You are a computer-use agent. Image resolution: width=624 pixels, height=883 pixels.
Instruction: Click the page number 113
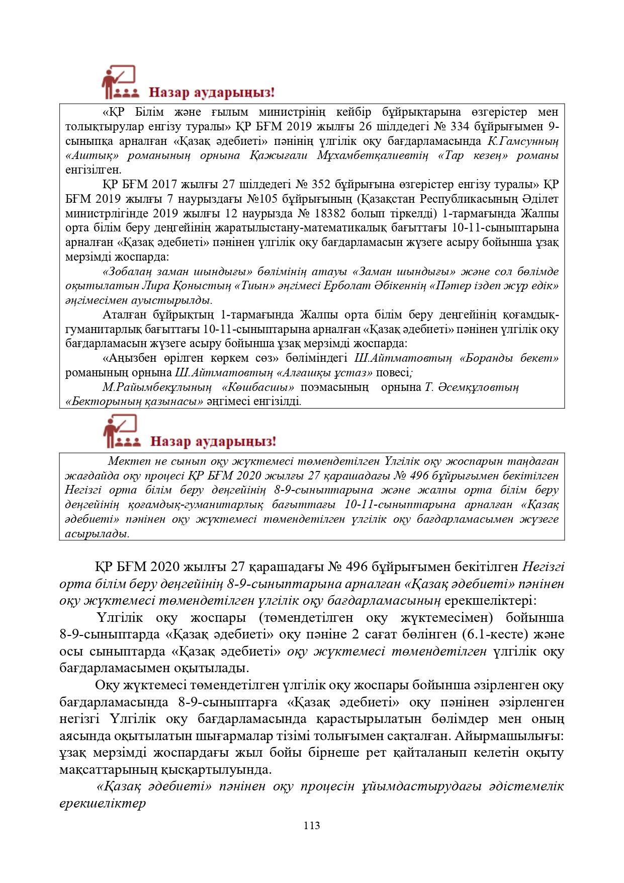(x=312, y=825)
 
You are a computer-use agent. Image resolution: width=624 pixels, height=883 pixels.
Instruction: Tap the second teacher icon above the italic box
(x=119, y=431)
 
